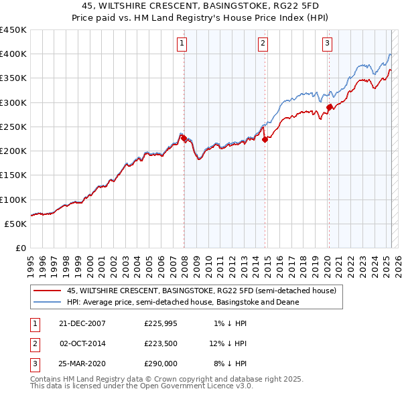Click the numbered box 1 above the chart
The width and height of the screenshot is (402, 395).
coord(182,44)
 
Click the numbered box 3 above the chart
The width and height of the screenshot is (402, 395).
coord(327,44)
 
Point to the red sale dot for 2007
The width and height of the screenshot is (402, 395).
coord(184,138)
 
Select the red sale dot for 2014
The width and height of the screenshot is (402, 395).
coord(265,139)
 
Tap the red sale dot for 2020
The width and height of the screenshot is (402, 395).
coord(329,107)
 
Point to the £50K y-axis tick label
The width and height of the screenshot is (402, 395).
coord(15,224)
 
